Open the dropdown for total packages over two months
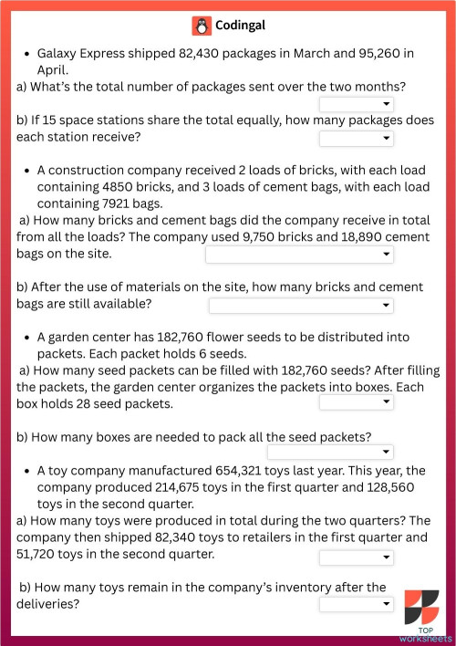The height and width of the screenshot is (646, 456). coord(356,105)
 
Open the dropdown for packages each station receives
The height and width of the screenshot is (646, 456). coord(356,139)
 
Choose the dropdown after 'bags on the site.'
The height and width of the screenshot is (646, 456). coord(299,255)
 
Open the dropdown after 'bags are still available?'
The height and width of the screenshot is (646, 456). coord(301,305)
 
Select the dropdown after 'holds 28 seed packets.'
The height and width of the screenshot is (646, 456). coord(356,402)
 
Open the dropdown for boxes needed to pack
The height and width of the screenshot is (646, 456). coord(330,452)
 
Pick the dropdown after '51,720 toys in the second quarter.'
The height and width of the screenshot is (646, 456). coord(356,557)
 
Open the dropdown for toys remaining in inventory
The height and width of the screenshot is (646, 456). coord(356,604)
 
